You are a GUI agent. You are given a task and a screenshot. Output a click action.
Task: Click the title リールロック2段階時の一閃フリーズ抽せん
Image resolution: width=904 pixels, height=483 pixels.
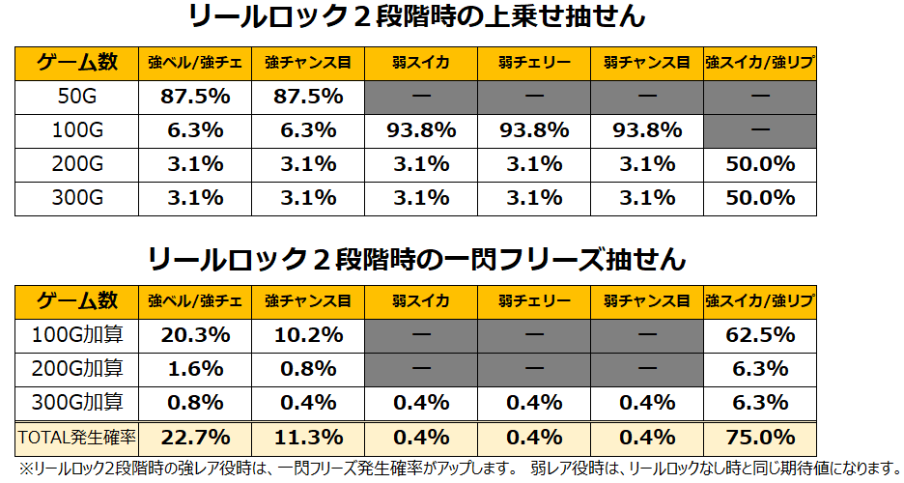coord(417,259)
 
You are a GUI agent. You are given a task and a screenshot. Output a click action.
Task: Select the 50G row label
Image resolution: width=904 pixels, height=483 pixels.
coord(77,96)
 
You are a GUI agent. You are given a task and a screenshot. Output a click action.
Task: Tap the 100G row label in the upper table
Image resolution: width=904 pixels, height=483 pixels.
coord(77,129)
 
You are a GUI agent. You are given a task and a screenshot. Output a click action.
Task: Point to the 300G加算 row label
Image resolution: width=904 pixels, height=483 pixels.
coord(77,403)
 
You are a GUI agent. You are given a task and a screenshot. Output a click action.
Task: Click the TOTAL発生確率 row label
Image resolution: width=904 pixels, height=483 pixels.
coord(77,437)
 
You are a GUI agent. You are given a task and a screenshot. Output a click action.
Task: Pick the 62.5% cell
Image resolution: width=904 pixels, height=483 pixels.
coord(760,335)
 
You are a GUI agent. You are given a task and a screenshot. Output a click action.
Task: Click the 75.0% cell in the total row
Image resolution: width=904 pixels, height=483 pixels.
coord(760,437)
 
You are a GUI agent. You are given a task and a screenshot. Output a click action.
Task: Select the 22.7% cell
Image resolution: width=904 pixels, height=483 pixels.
coord(196,437)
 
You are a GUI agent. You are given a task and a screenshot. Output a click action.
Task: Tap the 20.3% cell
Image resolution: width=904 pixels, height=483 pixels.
coord(196,335)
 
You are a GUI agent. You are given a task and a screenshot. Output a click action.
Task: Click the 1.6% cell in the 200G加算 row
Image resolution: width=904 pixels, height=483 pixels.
coord(196,369)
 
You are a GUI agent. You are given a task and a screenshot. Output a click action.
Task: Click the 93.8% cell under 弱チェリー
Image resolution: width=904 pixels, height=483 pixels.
coord(534,129)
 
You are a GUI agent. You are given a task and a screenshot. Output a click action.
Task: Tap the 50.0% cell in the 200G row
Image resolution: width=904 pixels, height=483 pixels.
coord(760,163)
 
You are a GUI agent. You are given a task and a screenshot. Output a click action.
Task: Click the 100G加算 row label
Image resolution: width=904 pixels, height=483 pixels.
coord(77,335)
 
